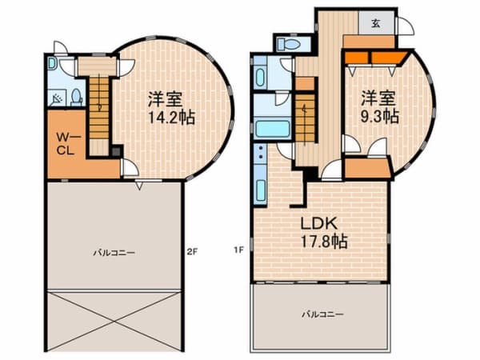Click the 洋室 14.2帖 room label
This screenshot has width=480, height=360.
point(171,107)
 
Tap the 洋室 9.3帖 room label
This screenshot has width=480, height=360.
point(379,107)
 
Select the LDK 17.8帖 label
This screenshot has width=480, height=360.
point(323,233)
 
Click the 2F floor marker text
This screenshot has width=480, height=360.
point(193,252)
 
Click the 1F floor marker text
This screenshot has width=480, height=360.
point(238,250)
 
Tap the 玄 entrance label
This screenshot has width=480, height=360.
point(376,23)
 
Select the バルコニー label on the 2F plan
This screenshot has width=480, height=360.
point(114,253)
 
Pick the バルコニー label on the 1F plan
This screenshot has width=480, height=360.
point(323,314)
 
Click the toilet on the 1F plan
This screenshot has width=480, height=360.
point(288,45)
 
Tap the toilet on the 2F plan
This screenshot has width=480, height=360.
point(77,97)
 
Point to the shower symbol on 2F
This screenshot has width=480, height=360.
point(57,98)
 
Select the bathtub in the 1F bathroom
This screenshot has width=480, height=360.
point(273,129)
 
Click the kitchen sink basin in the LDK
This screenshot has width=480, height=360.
point(261,190)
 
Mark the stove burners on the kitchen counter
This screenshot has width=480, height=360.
point(261,152)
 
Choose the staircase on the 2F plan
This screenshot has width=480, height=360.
point(99,108)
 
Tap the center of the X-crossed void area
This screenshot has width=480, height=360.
point(114,321)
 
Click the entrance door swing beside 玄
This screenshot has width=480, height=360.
point(405,26)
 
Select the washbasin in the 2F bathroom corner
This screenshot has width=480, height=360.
point(51,64)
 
